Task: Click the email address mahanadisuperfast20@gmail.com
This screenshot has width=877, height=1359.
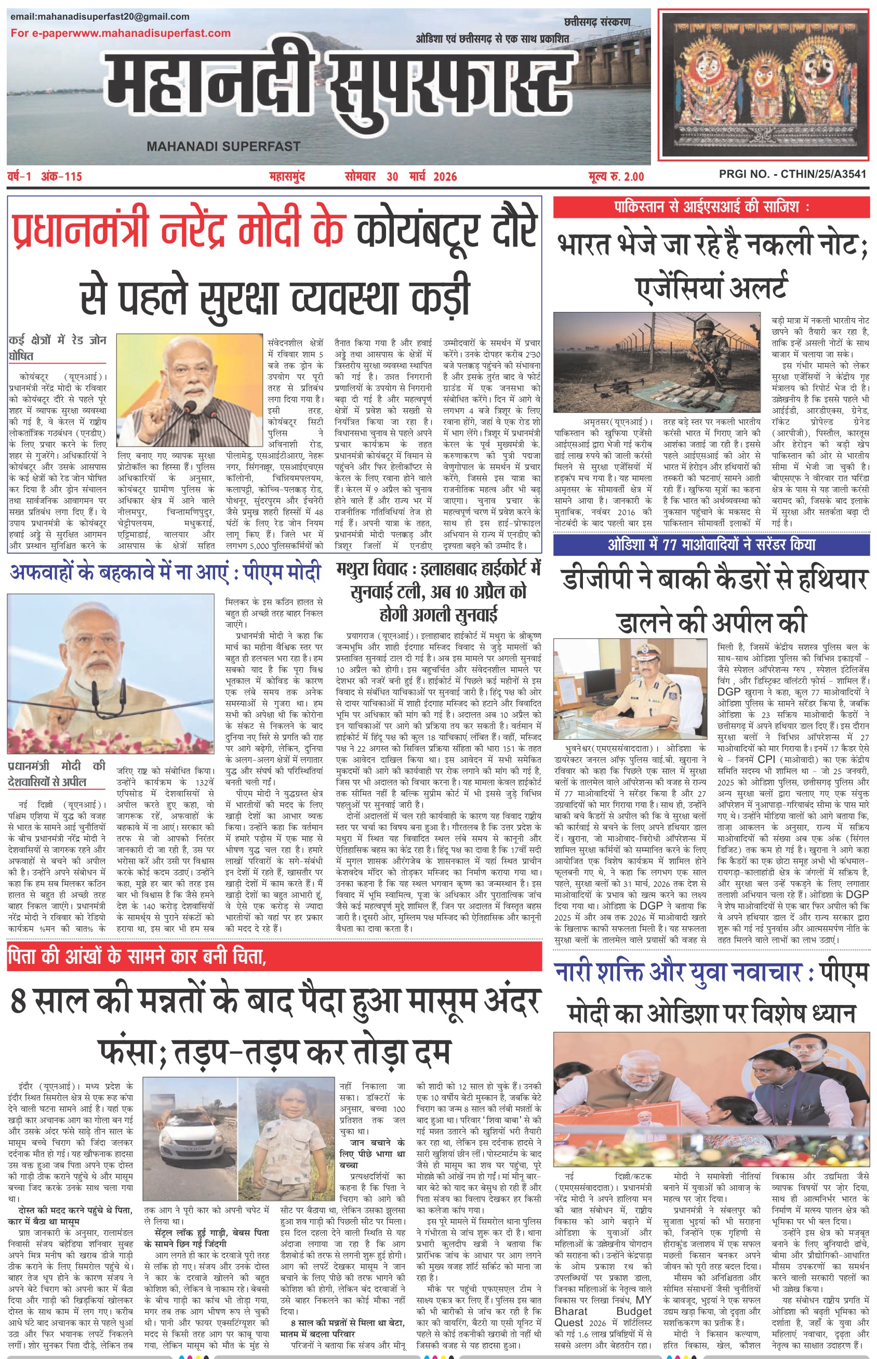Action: click(x=100, y=17)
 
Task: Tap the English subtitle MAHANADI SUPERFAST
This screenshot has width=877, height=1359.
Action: click(x=223, y=147)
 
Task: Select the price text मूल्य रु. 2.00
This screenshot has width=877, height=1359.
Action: click(x=617, y=177)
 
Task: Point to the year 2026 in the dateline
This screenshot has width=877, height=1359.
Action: click(x=445, y=177)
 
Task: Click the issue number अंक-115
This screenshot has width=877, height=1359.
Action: click(x=61, y=177)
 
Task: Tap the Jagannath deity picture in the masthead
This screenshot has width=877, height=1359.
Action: click(x=764, y=84)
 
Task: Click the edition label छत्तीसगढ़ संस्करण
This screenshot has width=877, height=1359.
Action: click(x=597, y=22)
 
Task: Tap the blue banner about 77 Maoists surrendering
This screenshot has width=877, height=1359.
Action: click(x=711, y=545)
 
